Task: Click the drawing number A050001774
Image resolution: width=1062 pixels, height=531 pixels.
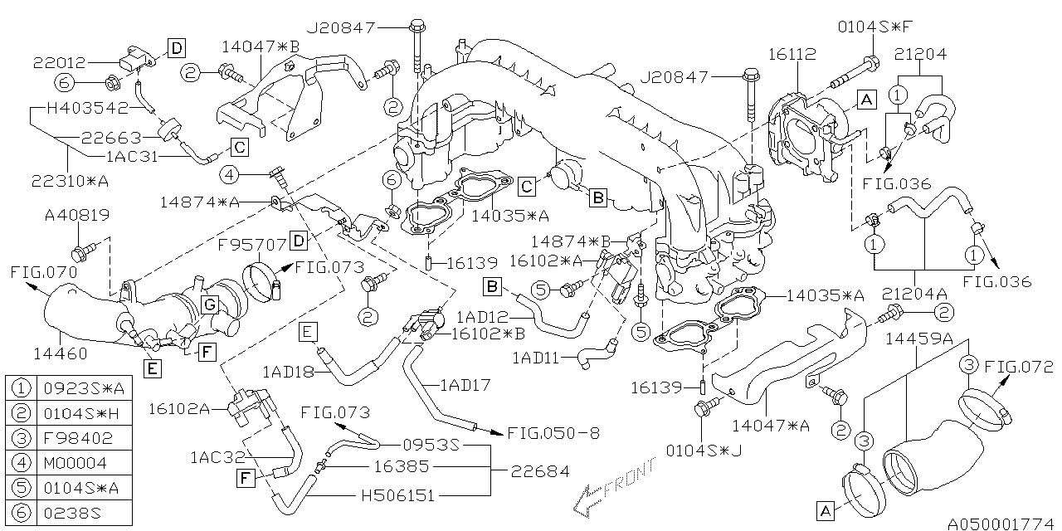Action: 1001,523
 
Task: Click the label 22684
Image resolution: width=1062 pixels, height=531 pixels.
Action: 541,471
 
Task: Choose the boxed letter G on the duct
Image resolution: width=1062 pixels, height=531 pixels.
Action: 210,305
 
